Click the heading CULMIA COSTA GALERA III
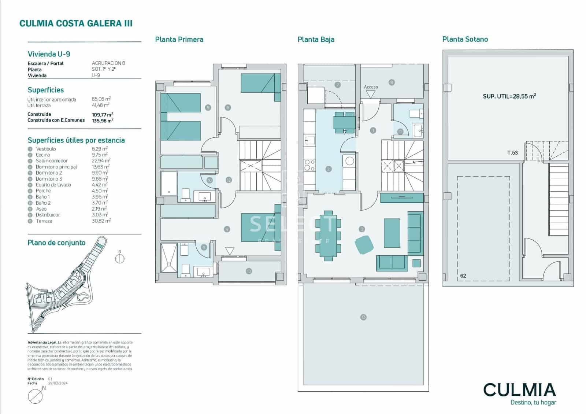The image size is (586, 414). [x=76, y=24]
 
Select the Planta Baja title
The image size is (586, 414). [x=316, y=40]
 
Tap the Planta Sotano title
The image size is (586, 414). [x=465, y=39]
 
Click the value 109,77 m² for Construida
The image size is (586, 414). [x=102, y=114]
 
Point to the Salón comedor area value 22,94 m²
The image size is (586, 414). [x=101, y=160]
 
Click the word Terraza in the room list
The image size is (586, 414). [x=44, y=221]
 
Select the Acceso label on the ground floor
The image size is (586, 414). [x=371, y=87]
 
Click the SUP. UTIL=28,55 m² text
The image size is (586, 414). [x=509, y=96]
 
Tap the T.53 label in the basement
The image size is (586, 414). [x=512, y=153]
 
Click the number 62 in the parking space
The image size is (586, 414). [x=463, y=276]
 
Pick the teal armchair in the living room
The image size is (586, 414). [x=364, y=244]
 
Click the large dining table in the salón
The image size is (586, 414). [x=328, y=234]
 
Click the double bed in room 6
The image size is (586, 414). [x=258, y=83]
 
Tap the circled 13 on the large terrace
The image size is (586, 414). [x=363, y=317]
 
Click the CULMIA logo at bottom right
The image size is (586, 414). [x=519, y=390]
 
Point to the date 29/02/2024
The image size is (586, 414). [x=58, y=383]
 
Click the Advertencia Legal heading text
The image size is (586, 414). [x=42, y=342]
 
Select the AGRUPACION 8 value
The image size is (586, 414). [x=108, y=63]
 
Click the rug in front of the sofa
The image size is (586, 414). [x=392, y=233]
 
